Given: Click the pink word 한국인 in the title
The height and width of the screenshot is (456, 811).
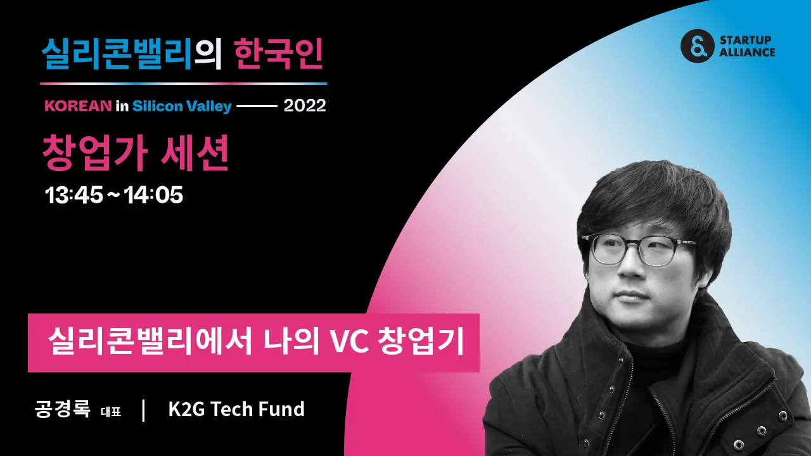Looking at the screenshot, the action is (x=278, y=54).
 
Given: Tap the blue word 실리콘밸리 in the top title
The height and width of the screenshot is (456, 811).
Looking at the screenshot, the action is (x=117, y=54).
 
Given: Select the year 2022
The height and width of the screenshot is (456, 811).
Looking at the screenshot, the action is (x=305, y=106).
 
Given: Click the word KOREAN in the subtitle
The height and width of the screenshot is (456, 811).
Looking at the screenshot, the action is (x=78, y=106).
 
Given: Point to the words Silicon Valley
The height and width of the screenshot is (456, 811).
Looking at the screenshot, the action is (x=182, y=106).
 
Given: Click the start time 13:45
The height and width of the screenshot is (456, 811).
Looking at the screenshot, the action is (x=74, y=195).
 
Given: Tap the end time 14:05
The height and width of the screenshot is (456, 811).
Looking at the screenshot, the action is (x=153, y=195).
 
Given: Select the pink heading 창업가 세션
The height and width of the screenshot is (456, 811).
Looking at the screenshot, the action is (x=136, y=153).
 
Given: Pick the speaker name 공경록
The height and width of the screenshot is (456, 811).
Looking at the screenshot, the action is (x=62, y=409).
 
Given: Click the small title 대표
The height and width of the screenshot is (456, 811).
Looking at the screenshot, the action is (x=111, y=412).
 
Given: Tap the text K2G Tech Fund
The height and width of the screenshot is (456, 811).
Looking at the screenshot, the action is (x=236, y=409).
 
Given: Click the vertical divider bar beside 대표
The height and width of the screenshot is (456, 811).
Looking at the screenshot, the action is (x=144, y=410).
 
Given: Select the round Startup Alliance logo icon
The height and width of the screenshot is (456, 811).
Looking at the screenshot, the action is (x=698, y=46).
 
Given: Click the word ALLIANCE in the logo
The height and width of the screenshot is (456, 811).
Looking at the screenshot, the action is (x=747, y=53).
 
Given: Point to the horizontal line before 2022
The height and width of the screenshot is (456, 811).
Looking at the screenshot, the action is (x=257, y=106).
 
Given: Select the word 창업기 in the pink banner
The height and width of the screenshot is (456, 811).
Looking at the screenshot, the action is (x=421, y=342).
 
